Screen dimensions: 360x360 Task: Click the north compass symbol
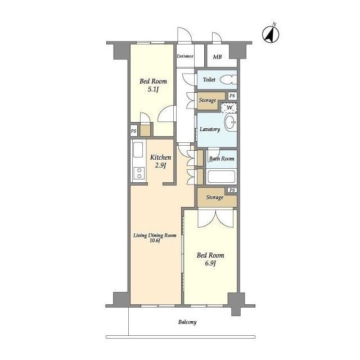(x=271, y=34)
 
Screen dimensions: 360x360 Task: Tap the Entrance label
(x=185, y=56)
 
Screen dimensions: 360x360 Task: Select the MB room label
(x=217, y=56)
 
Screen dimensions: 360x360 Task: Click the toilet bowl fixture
(x=228, y=80)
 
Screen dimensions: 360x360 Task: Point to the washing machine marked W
(x=229, y=107)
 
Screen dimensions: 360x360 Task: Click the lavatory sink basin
(x=230, y=123)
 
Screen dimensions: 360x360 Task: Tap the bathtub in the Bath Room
(x=221, y=177)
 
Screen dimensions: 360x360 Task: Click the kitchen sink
(x=138, y=150)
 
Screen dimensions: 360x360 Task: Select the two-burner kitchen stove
(x=139, y=173)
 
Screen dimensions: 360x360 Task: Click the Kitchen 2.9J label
(x=160, y=161)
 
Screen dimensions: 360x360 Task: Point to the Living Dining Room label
(x=155, y=237)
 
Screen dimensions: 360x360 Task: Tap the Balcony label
(x=187, y=322)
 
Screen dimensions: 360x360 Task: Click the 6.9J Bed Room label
(x=210, y=259)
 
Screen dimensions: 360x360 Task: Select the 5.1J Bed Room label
(x=153, y=85)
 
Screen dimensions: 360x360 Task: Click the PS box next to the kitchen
(x=134, y=131)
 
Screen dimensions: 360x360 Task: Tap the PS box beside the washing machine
(x=232, y=96)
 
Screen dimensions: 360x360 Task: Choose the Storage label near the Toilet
(x=208, y=100)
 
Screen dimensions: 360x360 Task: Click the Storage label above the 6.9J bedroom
(x=215, y=197)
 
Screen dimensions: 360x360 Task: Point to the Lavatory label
(x=210, y=129)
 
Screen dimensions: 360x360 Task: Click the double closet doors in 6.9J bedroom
(x=216, y=219)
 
